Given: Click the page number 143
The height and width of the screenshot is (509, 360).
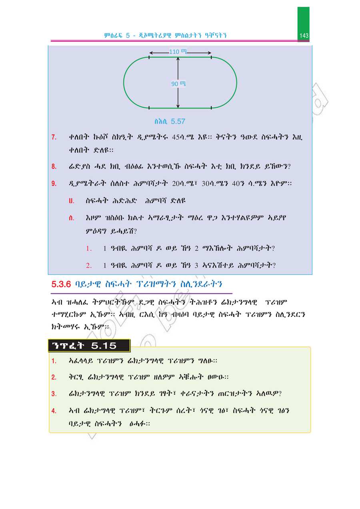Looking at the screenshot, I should click(304, 36).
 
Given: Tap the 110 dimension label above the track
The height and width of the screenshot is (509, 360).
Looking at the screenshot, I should click(174, 52).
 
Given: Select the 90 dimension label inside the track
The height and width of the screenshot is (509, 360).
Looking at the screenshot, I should click(175, 84).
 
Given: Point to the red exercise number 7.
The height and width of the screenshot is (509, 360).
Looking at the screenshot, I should click(54, 138).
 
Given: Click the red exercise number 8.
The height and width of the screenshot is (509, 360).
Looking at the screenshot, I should click(54, 166).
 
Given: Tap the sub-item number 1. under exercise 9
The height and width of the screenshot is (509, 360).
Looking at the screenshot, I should click(89, 248).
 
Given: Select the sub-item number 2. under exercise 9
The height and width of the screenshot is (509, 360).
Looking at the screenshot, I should click(89, 265).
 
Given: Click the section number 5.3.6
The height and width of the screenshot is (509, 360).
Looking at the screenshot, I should click(61, 285).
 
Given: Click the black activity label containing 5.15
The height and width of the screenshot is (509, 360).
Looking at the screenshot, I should click(89, 346).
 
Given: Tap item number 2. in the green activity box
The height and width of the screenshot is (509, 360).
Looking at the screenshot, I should click(54, 377).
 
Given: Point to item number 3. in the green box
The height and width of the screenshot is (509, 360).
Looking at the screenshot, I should click(54, 394).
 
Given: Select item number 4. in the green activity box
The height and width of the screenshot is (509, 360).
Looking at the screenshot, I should click(54, 411).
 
